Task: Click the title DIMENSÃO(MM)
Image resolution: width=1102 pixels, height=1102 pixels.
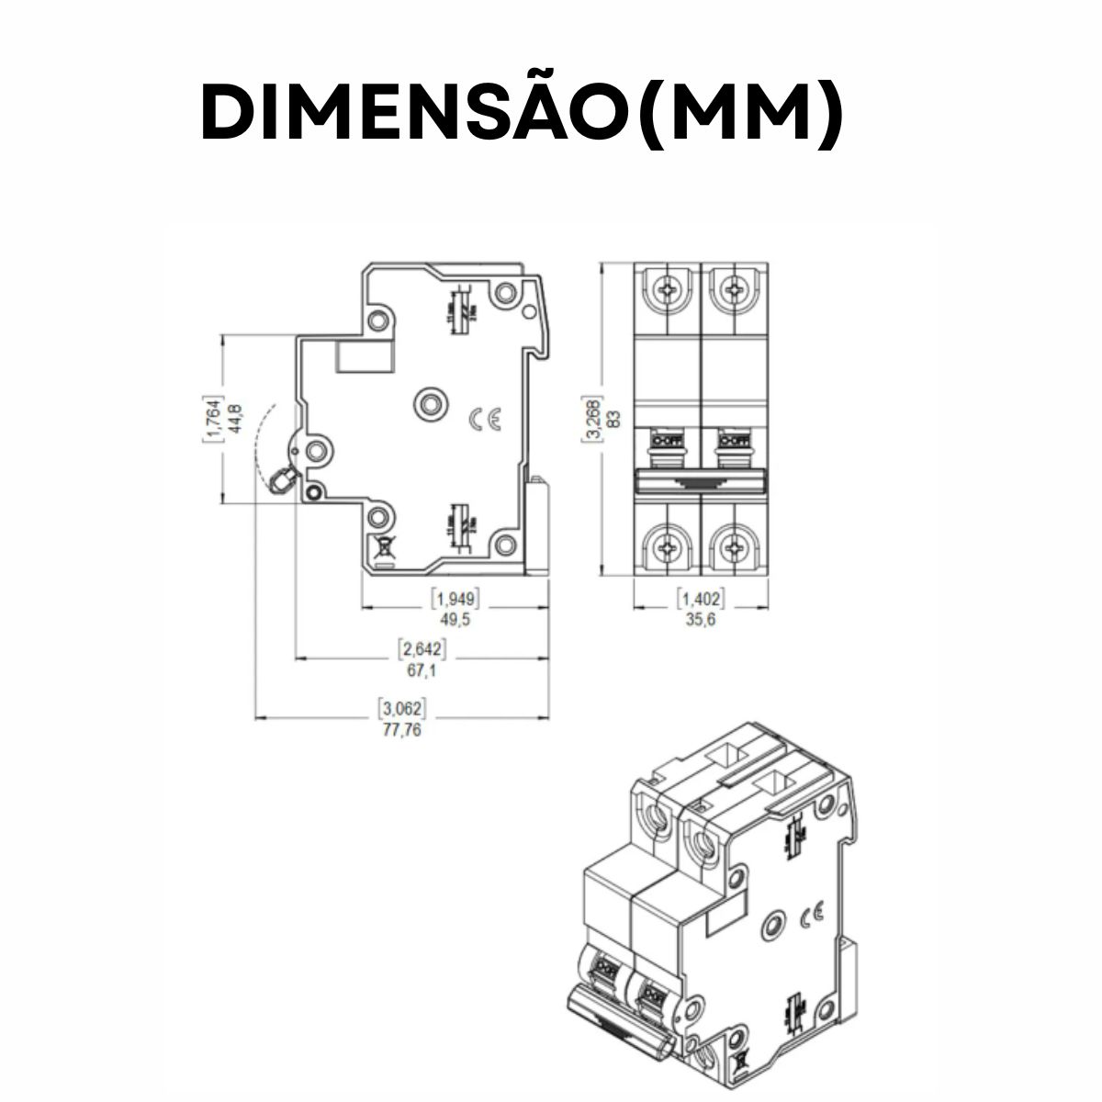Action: pos(522,116)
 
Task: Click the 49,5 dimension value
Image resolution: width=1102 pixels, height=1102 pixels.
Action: pos(455,621)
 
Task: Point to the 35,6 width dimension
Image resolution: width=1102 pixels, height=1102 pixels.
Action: pos(701,621)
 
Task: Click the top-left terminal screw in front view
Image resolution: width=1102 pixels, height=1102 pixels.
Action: pos(668,290)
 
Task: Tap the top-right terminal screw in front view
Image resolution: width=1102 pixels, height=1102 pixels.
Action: pos(734,290)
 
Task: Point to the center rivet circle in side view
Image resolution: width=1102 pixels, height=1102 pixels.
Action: pos(429,403)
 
